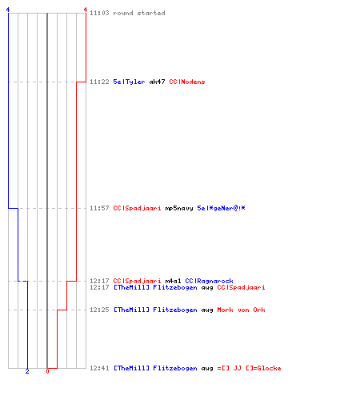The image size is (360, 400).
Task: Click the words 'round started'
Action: pos(139,13)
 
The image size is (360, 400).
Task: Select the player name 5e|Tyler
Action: pos(129,82)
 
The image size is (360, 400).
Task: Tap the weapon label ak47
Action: pos(157,82)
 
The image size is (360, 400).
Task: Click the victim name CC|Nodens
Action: pos(187,82)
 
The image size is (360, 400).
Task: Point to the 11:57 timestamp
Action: pos(99,208)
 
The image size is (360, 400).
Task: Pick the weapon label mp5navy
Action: pos(179,208)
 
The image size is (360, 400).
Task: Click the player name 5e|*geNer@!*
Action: pos(221,208)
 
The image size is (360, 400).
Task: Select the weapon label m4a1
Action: pos(173,281)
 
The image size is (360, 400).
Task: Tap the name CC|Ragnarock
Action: pos(209,281)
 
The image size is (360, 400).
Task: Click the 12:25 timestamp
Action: pos(99,310)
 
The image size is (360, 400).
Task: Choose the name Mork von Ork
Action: pos(241,310)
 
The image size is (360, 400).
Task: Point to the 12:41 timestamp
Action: pos(99,368)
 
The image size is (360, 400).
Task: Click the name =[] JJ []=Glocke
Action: pos(249,368)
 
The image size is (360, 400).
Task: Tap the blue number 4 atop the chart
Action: pos(8,10)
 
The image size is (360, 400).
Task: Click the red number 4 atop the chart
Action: pos(86,10)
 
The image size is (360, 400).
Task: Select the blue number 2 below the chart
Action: pos(27,371)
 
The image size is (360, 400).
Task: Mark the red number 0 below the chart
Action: pos(47,371)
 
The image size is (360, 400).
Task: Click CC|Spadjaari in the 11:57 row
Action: pos(137,208)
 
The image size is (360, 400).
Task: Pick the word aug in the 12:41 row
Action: pos(207,369)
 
